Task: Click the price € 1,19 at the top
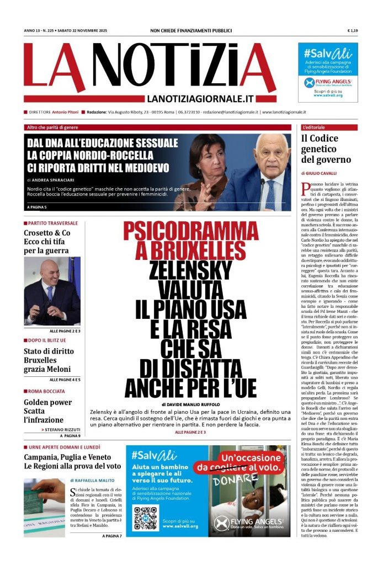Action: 353,30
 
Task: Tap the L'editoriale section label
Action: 315,127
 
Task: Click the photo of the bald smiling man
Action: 52,291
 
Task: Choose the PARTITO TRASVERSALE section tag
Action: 52,223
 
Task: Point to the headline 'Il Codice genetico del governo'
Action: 326,149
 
